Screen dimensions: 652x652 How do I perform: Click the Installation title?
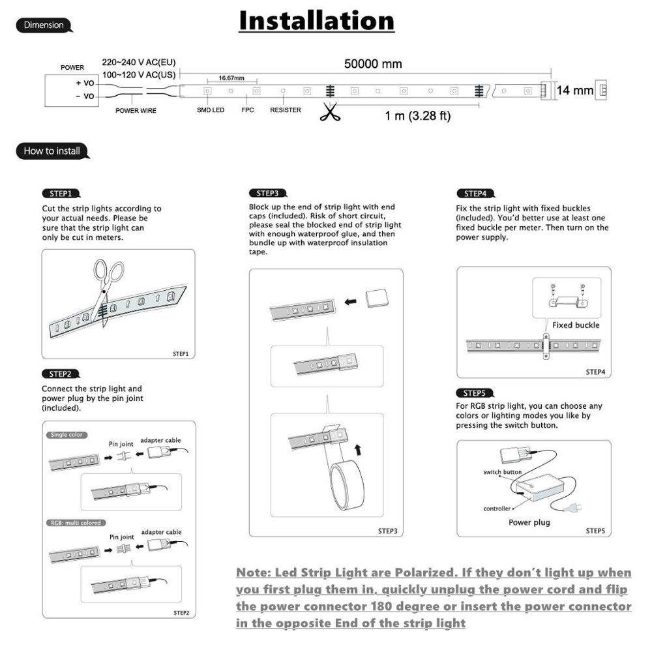tap(316, 21)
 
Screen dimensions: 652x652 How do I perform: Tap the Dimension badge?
tap(44, 25)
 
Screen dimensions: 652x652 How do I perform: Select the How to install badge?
tap(52, 151)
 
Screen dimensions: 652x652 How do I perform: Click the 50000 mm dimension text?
tap(373, 64)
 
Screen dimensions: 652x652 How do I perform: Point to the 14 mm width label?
tap(574, 90)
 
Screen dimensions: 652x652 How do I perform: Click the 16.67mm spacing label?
tap(231, 78)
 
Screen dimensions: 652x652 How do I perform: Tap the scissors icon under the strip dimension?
tap(331, 112)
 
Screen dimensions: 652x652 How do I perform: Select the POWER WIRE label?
tap(136, 111)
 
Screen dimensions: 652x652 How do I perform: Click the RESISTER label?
tap(286, 110)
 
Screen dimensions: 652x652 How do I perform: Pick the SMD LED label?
tap(211, 110)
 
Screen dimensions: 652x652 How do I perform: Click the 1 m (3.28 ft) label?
tap(417, 116)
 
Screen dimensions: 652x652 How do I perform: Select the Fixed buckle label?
tap(576, 325)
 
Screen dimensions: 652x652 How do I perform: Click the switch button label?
tap(502, 472)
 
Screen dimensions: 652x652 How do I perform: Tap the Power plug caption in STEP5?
tap(529, 522)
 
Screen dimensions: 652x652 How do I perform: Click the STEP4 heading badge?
tap(476, 194)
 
